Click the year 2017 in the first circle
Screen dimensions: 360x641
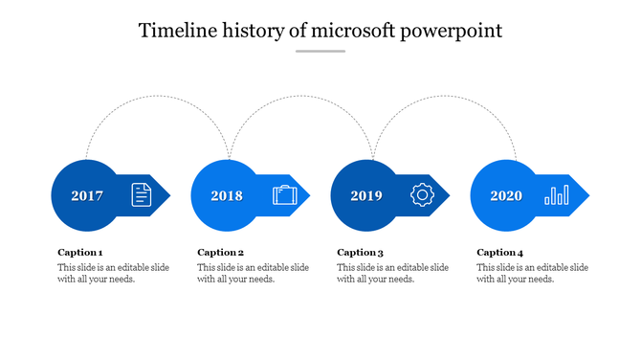point(87,196)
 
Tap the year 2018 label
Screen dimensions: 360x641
point(227,196)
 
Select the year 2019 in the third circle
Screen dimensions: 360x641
point(366,196)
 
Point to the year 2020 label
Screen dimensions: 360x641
point(506,196)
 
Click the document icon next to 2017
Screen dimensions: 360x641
point(142,195)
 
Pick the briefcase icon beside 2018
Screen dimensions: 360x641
point(284,195)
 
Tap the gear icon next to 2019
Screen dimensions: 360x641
point(422,195)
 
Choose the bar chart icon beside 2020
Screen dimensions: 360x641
point(556,195)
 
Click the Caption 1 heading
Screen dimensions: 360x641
point(80,253)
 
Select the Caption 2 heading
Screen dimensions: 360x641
point(221,253)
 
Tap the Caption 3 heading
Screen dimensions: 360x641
point(361,253)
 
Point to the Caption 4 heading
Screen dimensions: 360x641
point(500,253)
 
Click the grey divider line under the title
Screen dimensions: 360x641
point(320,52)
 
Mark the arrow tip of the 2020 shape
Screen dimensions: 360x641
point(586,196)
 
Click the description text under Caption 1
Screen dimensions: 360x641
point(113,273)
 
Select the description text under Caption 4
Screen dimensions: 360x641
point(532,273)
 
